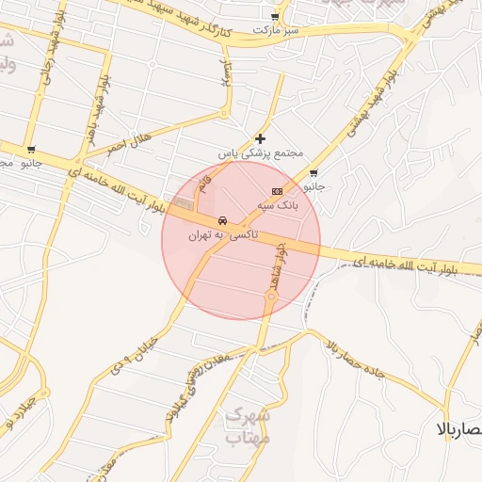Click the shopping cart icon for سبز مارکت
[274, 17]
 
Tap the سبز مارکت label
[274, 31]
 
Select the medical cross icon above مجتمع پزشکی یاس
[261, 138]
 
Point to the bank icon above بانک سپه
[277, 191]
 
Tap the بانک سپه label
[280, 204]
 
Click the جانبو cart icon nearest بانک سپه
[313, 172]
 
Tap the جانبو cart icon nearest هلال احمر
[31, 150]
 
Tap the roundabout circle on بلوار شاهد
[271, 297]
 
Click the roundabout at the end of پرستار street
[224, 114]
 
